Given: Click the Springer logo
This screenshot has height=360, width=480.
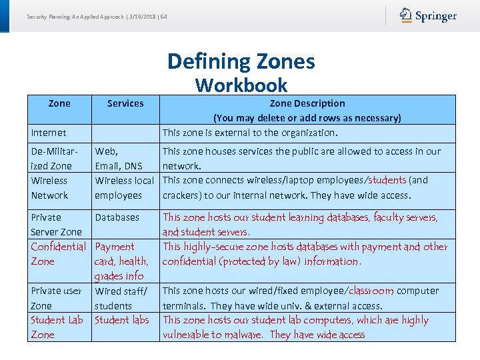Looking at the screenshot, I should [428, 16].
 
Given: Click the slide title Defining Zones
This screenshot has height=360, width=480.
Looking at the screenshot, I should [241, 61].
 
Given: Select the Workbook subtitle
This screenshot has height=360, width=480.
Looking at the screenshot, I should [241, 85].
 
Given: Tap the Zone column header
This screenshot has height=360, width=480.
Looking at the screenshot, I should [59, 103].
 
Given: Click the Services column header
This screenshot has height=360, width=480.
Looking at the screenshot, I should [125, 103].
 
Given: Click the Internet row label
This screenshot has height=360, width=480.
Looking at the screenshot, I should [49, 133].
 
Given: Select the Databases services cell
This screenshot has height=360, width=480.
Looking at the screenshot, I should [117, 217].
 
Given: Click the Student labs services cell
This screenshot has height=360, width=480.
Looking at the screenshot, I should [122, 320].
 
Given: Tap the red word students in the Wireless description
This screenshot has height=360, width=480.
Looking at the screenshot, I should [387, 180].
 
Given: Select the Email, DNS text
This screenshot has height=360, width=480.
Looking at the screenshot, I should [119, 165].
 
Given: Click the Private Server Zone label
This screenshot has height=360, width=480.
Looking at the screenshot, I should [56, 225].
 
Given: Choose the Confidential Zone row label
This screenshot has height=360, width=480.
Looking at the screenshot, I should [58, 254].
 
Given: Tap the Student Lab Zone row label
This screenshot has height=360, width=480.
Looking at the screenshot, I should [57, 327].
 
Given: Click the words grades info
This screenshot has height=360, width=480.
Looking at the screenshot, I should [119, 276].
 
